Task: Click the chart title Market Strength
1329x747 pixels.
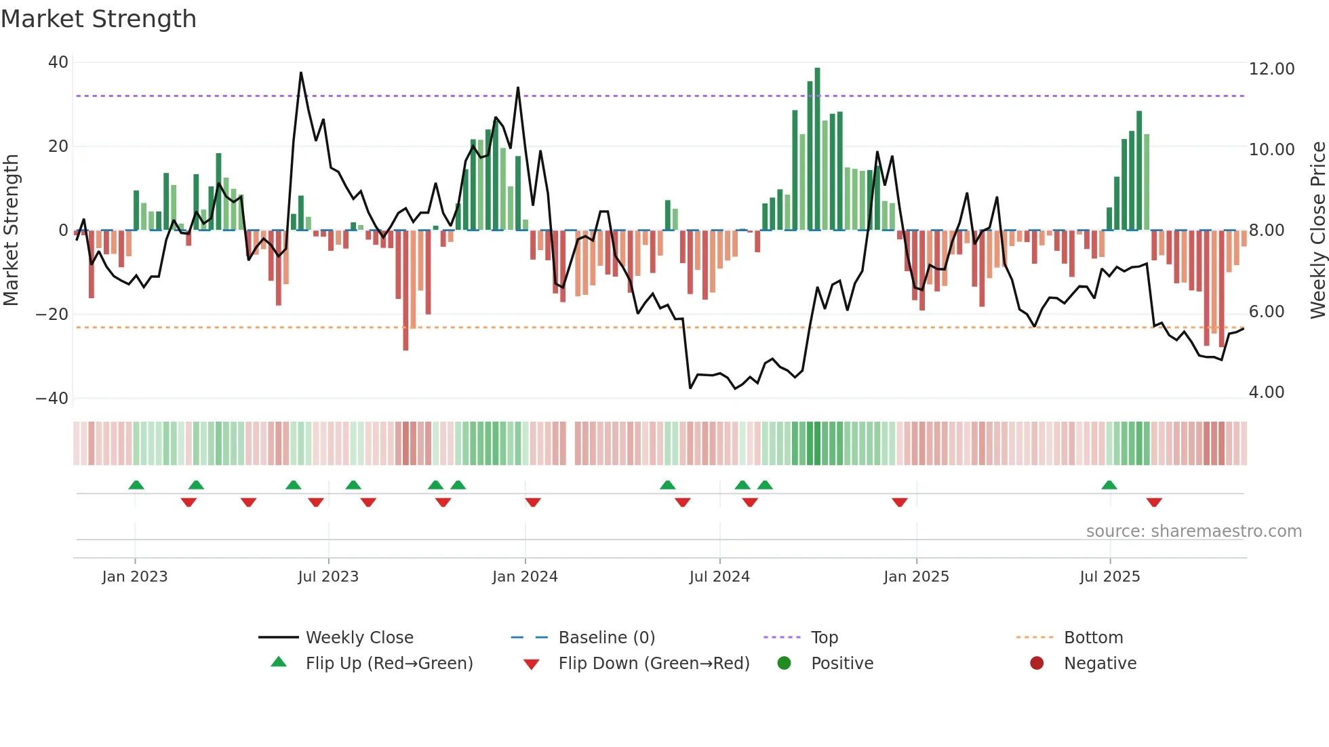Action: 98,19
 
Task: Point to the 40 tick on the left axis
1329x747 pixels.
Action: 58,62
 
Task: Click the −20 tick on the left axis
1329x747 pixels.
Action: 52,315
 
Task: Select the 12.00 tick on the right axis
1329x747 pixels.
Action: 1271,69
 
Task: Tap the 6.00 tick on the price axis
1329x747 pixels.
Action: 1267,312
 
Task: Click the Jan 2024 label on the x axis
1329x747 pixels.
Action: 525,577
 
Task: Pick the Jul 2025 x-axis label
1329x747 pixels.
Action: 1109,577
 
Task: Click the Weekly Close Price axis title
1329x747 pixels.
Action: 1317,230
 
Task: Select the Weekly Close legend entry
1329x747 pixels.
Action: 359,638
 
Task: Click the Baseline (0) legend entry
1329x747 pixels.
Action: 606,638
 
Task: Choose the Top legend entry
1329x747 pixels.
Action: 824,638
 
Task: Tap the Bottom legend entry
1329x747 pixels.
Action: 1093,638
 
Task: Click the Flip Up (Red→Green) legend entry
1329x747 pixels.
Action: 389,664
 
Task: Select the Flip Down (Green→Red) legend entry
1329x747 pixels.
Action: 654,664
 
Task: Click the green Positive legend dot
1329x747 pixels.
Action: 785,664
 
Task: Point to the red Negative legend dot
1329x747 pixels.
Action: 1037,664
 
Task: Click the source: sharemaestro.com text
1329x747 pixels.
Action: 1193,531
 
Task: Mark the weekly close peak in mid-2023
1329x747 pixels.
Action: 301,73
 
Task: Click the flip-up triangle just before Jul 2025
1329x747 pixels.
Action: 1109,485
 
